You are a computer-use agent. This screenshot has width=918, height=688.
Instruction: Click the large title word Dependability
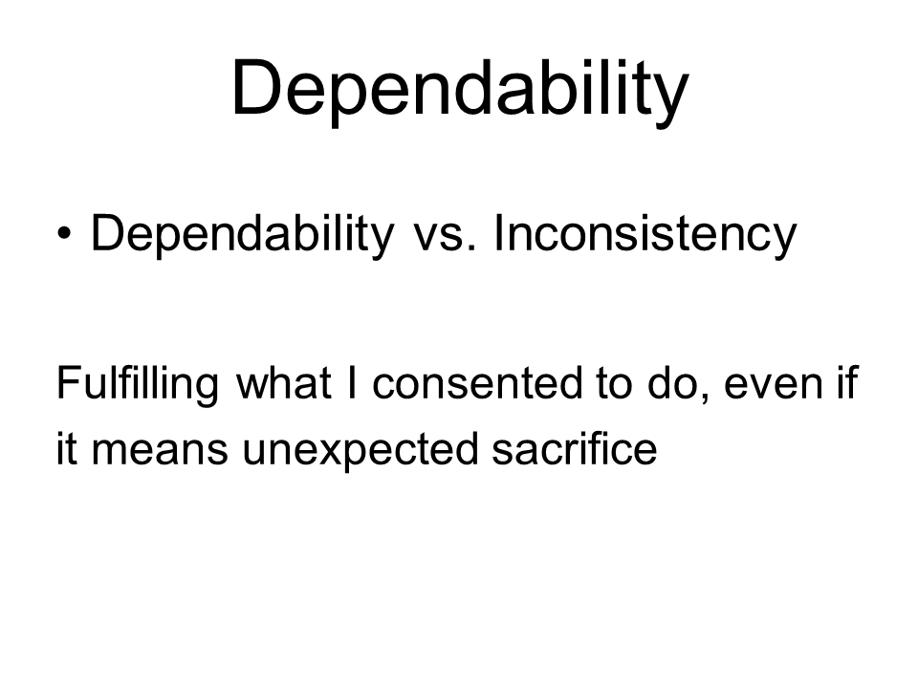460,90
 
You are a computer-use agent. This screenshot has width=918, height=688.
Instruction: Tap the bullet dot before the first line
64,233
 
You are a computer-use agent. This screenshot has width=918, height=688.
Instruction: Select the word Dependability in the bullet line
243,234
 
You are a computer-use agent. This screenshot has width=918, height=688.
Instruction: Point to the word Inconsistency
645,234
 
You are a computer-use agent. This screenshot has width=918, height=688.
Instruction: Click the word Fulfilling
138,384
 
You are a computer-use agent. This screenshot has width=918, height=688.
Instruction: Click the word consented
477,384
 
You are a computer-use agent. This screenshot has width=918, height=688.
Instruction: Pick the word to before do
615,384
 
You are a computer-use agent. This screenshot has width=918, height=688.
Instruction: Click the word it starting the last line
66,448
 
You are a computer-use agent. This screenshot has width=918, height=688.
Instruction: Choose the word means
160,452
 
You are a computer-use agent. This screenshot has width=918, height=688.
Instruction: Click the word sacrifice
575,448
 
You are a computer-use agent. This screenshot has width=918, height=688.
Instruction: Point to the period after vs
471,248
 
